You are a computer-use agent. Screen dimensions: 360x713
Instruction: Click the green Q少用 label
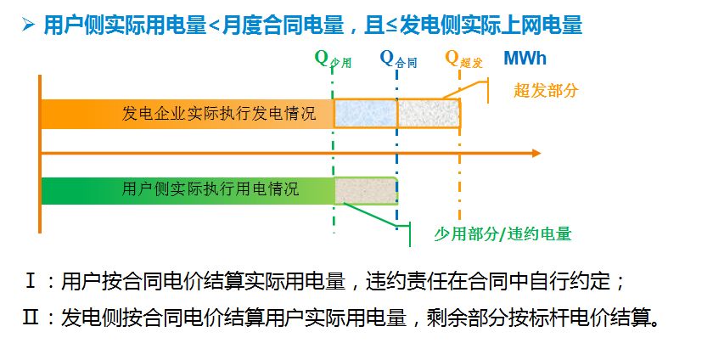333,59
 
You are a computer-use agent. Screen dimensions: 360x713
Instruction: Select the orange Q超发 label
463,59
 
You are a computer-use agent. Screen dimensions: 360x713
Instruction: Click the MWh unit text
525,59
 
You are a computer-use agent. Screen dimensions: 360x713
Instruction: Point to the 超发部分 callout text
545,91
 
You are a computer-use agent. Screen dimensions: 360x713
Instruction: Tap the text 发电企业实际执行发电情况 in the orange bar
219,113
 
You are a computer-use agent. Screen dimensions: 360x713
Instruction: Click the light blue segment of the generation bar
365,113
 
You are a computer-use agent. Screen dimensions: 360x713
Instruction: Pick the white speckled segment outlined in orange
429,113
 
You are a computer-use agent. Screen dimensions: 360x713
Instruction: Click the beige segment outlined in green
366,190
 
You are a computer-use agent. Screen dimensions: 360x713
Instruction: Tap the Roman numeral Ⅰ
31,281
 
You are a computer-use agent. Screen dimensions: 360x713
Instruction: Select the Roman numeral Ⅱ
31,318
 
